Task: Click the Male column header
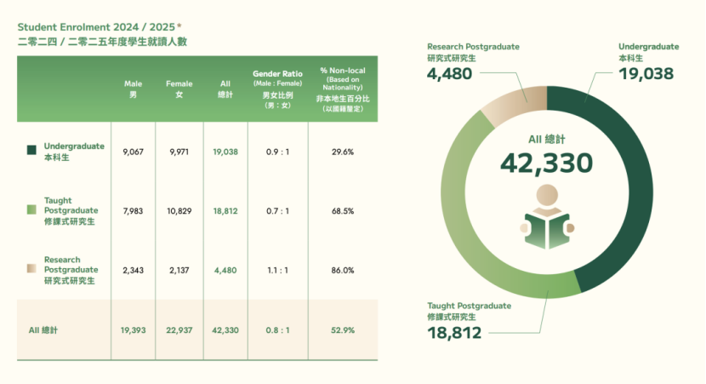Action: click(x=133, y=89)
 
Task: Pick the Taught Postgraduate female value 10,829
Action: click(x=179, y=210)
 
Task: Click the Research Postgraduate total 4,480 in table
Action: click(x=225, y=270)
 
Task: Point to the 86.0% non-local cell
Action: click(x=343, y=270)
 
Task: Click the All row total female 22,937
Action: click(x=179, y=330)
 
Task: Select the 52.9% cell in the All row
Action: click(x=343, y=330)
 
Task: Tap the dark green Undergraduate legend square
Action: click(x=31, y=150)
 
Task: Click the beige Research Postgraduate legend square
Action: click(x=31, y=269)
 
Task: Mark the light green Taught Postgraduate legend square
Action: click(x=31, y=209)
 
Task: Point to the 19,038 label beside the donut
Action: click(x=646, y=74)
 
